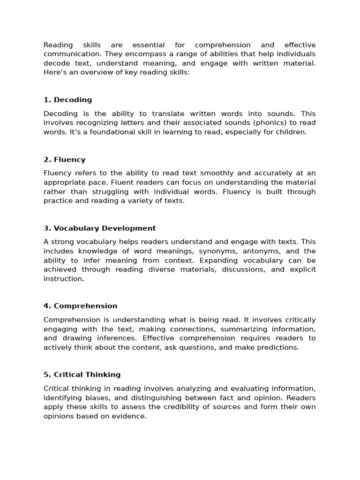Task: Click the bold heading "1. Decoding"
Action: [x=67, y=100]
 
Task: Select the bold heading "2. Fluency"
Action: [x=64, y=159]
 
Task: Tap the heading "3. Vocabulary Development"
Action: [x=99, y=228]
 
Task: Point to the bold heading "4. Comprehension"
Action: [x=80, y=306]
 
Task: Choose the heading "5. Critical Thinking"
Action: [x=82, y=375]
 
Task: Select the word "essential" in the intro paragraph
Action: [x=149, y=45]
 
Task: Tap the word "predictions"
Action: [x=278, y=347]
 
